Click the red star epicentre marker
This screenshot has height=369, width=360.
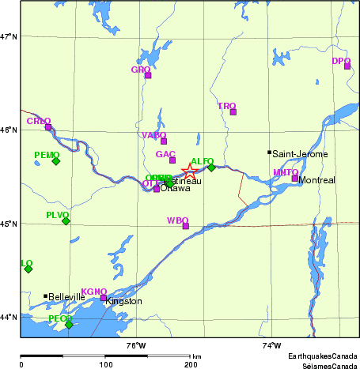pos(190,171)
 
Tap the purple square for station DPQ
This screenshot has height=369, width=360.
pos(347,66)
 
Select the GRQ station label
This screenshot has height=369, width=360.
pos(141,70)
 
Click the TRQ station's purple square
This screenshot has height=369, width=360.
pos(233,111)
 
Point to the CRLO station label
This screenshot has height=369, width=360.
pos(38,121)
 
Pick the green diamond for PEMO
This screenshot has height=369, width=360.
pos(56,161)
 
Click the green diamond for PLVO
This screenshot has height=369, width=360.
pos(66,221)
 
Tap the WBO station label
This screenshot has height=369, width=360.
pos(178,220)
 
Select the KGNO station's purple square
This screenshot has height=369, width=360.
pos(104,298)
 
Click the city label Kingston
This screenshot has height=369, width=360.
pos(123,301)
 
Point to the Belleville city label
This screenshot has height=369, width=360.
pos(66,297)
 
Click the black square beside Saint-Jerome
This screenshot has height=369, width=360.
pos(269,152)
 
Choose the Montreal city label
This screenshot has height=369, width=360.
pos(316,180)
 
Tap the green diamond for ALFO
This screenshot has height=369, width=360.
pos(211,167)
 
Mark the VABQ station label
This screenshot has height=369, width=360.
pos(153,135)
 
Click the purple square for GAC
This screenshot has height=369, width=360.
pos(172,160)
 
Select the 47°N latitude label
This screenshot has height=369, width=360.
pos(9,36)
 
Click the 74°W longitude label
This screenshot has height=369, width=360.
pos(271,345)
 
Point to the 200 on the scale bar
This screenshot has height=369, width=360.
pos(190,365)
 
